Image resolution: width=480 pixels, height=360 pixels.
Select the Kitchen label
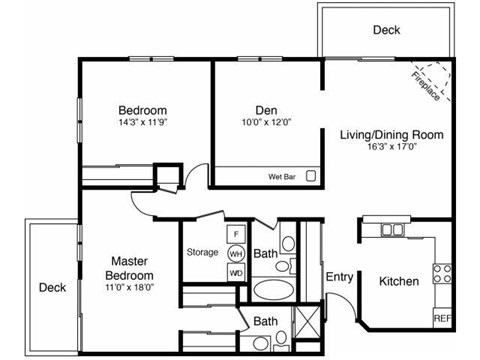tap(399, 282)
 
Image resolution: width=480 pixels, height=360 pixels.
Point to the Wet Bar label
tap(283, 177)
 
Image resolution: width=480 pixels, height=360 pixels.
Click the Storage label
tap(202, 252)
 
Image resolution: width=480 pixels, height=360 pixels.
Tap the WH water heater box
tap(237, 253)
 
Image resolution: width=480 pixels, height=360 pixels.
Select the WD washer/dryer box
tap(237, 272)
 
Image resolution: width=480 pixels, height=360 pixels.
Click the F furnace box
tap(237, 234)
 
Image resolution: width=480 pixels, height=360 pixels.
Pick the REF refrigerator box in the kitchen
tap(441, 317)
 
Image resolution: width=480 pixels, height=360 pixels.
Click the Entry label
tap(339, 277)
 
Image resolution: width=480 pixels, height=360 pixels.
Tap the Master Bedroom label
tap(132, 269)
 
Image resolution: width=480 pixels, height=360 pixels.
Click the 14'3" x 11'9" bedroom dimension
tap(142, 123)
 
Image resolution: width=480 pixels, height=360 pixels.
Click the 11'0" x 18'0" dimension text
tap(132, 288)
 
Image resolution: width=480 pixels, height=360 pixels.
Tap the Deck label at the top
tap(387, 30)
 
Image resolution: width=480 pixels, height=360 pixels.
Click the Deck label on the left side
tap(52, 287)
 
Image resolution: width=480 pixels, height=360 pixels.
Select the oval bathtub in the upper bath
tap(272, 292)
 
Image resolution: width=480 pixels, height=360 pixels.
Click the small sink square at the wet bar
tap(312, 176)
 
